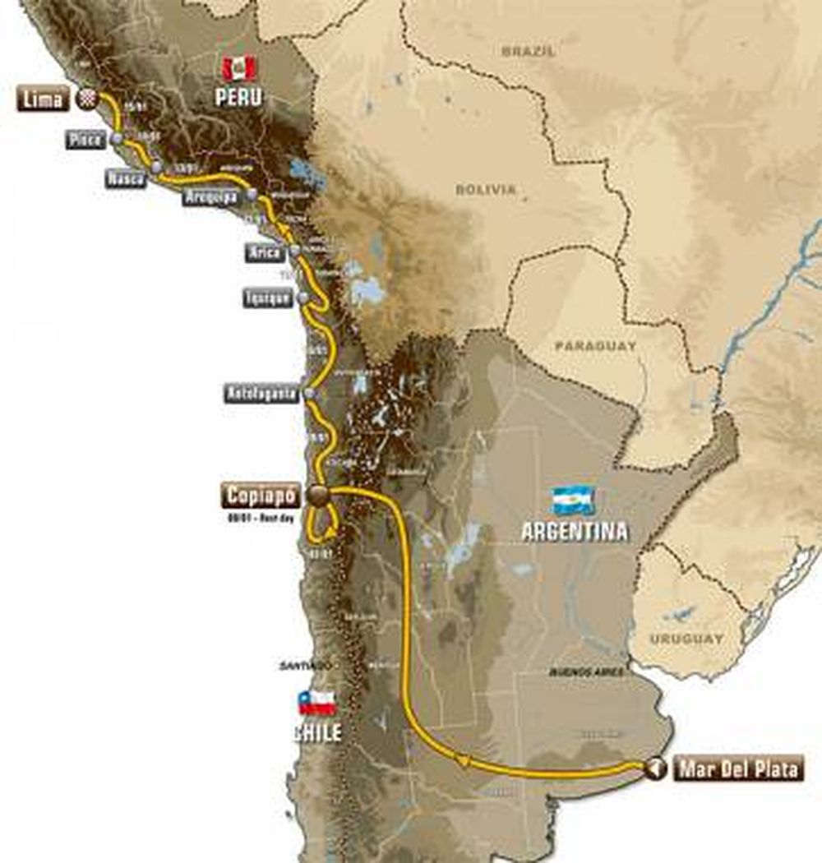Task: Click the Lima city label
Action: coord(43,99)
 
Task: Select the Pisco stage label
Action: coord(85,140)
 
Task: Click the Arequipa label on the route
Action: coord(210,197)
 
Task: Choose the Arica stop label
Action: coord(265,252)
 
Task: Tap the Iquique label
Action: coord(267,298)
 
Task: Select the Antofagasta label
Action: coord(261,394)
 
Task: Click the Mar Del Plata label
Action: coord(738,769)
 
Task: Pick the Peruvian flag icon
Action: coord(239,69)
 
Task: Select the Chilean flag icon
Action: coord(317,703)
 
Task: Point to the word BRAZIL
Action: coord(529,51)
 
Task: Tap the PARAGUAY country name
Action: coord(595,346)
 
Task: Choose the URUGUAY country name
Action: coord(686,638)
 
